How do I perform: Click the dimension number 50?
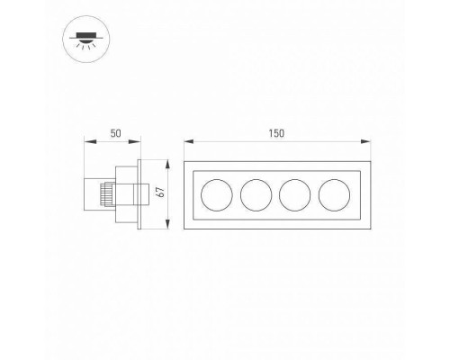pos(115,133)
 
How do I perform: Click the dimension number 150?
pos(276,133)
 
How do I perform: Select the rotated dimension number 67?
pos(161,192)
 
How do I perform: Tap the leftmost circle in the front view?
pos(217,195)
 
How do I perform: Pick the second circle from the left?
pos(256,195)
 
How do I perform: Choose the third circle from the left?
pos(295,195)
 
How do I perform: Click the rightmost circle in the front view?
pos(334,195)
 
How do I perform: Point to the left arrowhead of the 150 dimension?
pos(189,141)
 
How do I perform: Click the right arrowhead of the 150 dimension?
pos(365,141)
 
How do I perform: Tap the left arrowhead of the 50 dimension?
pos(89,141)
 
